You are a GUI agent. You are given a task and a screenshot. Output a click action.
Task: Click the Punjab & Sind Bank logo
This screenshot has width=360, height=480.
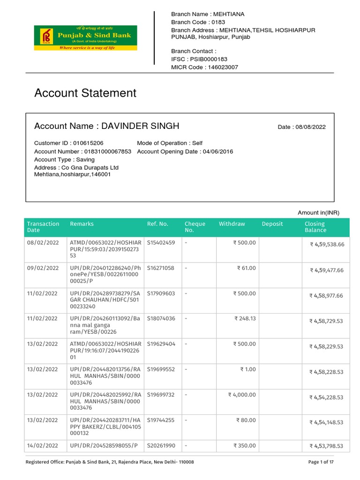coord(85,38)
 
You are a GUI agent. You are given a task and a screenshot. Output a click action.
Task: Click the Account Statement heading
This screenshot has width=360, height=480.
coord(85,93)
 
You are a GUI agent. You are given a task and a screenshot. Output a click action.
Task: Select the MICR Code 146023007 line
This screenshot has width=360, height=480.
coord(204,67)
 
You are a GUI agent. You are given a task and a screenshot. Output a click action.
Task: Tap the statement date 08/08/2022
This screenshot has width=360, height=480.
coord(301,127)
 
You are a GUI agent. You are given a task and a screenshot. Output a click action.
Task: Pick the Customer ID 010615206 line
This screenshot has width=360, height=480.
coord(69,143)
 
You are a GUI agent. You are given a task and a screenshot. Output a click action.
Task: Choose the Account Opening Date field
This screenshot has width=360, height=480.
coord(185,151)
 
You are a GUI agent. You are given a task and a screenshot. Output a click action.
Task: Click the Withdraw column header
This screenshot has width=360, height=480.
coord(232,224)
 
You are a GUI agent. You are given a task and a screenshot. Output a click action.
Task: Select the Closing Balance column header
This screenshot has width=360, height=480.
coord(315,227)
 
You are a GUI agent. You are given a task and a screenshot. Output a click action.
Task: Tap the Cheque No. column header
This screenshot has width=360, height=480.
coord(195,227)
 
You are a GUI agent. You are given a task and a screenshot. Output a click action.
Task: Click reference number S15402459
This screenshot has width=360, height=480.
coord(161,243)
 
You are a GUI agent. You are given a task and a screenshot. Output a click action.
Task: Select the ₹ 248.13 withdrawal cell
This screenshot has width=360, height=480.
coord(245,319)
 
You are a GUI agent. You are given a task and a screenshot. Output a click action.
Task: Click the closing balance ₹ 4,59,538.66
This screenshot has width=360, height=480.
coord(327,245)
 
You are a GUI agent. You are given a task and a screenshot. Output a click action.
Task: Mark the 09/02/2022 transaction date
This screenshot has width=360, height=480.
coord(43,268)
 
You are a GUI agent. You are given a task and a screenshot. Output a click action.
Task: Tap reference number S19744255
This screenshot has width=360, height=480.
coord(161,420)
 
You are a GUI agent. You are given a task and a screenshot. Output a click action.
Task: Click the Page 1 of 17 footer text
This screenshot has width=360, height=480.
coord(321,462)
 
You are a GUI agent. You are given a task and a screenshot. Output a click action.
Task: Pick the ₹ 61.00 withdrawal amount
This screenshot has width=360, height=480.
coord(247,268)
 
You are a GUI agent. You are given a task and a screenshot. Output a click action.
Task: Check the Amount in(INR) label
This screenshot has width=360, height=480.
coord(318,213)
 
